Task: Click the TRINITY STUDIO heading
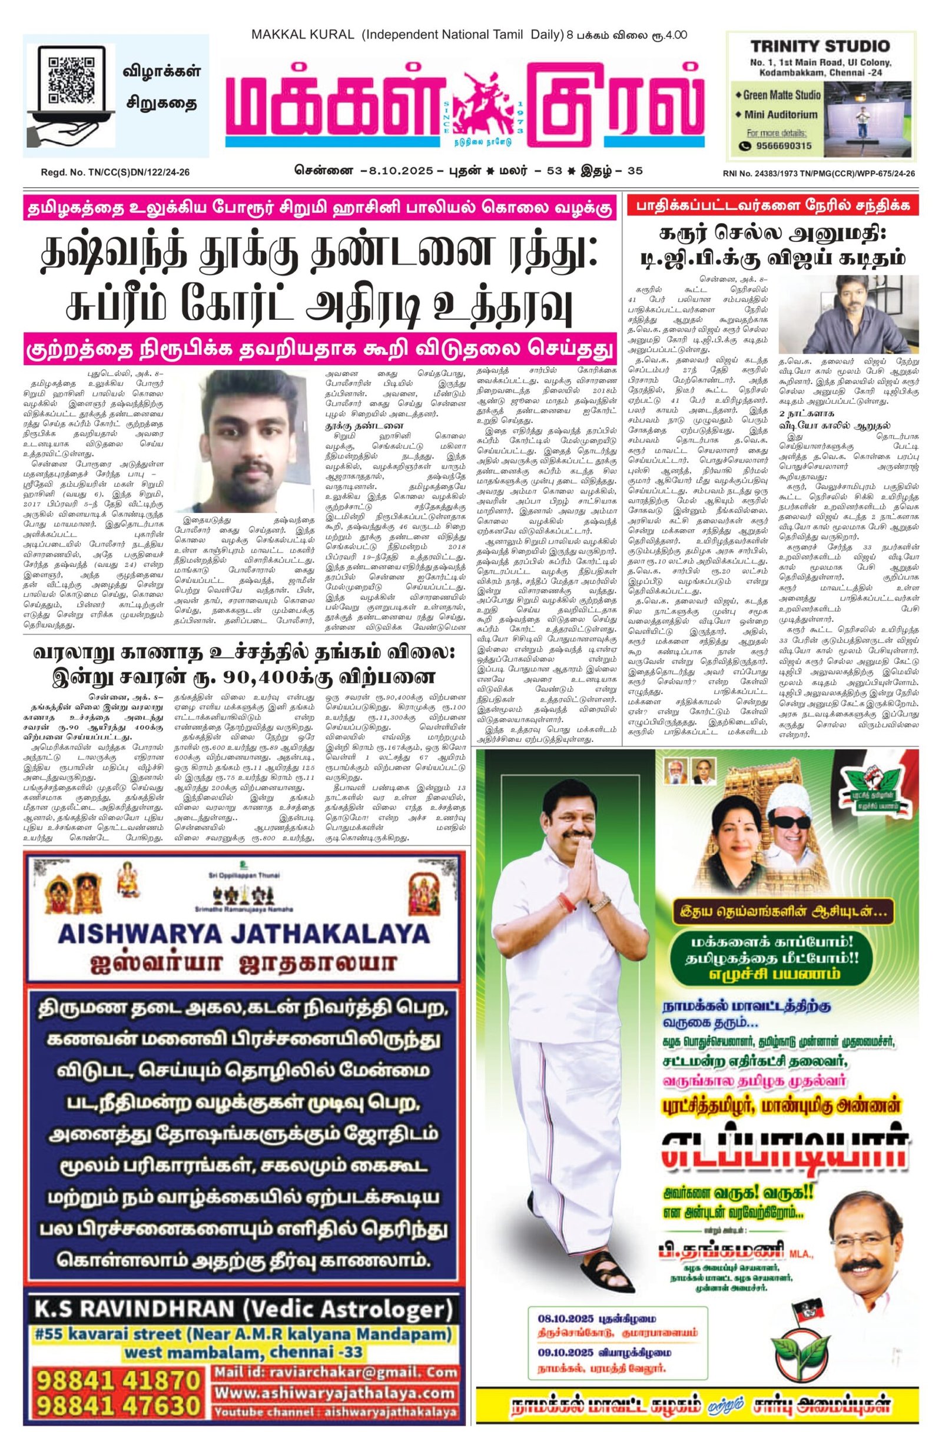[819, 47]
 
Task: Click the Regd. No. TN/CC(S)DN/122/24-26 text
[115, 173]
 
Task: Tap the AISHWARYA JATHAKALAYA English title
[243, 934]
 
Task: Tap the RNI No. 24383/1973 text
[818, 174]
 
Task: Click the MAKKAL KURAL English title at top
[303, 35]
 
